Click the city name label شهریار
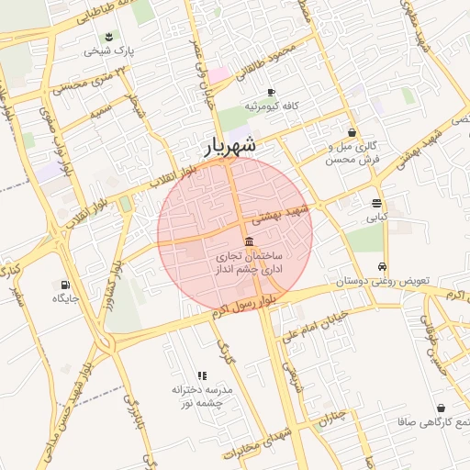[229, 146]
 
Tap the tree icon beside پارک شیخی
[110, 38]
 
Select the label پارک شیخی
[109, 51]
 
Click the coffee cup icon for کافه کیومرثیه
[271, 93]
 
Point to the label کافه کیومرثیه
[271, 106]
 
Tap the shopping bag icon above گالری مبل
[352, 133]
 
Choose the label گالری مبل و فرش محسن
[352, 152]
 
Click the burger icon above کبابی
[377, 204]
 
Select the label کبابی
[377, 218]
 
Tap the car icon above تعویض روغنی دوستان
[382, 267]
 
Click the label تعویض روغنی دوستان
[382, 282]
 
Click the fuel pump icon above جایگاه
[65, 285]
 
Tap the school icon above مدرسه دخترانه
[203, 375]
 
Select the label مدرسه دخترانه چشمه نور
[203, 397]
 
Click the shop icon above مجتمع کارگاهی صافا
[442, 408]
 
